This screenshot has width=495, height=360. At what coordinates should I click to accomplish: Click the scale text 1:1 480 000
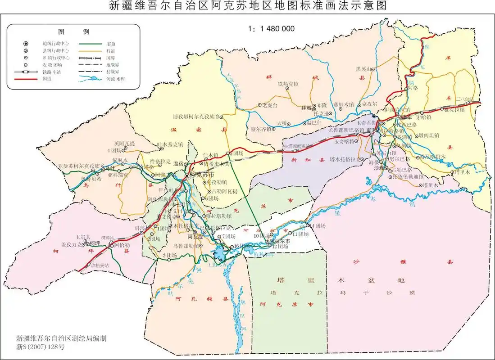pyautogui.click(x=271, y=28)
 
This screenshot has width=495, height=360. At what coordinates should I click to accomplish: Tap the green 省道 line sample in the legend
pyautogui.click(x=92, y=44)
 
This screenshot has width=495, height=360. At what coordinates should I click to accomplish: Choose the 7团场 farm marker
pyautogui.click(x=219, y=236)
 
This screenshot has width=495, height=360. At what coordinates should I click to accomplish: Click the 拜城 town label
pyautogui.click(x=306, y=108)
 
